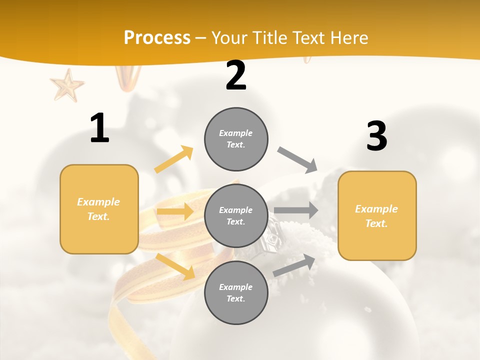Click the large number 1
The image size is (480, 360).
pos(99,128)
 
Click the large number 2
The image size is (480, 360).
pos(236,75)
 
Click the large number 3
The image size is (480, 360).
pos(376,136)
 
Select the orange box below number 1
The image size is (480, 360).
pos(99,209)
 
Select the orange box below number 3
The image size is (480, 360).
pos(377,216)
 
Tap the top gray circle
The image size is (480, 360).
pos(236,139)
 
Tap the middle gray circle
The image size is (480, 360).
pos(236,215)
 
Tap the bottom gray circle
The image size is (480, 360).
pos(236,292)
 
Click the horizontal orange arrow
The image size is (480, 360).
pos(175,212)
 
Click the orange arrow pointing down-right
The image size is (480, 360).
pos(175,266)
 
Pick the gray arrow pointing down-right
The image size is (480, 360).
pos(297,160)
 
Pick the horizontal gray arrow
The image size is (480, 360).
pos(296,210)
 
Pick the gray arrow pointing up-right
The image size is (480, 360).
pos(294,265)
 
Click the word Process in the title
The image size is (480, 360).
pos(157,37)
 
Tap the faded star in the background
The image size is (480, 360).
pos(67,84)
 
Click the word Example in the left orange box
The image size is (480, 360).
pos(98,202)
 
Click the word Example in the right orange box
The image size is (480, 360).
pos(376,209)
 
